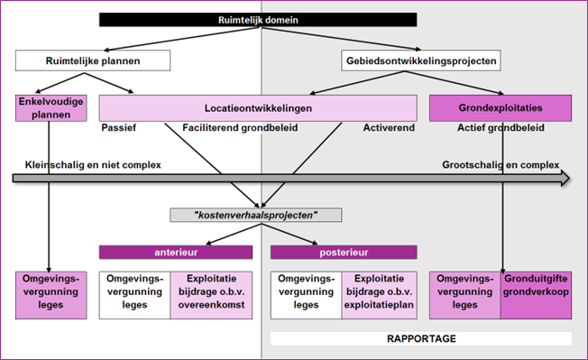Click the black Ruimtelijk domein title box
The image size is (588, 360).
[x=257, y=20]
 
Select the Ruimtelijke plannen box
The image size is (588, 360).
[x=91, y=61]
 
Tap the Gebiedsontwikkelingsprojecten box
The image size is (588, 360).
[x=421, y=61]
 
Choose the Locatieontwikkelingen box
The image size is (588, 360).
[x=257, y=108]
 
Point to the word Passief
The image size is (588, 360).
[x=119, y=129]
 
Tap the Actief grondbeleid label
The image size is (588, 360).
[x=501, y=129]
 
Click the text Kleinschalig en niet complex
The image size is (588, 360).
[x=78, y=164]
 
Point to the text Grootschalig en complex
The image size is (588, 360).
[x=500, y=164]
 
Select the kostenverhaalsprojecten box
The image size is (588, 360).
[x=257, y=216]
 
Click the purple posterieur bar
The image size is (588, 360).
[x=343, y=253]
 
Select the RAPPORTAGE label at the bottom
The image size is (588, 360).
[x=421, y=339]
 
